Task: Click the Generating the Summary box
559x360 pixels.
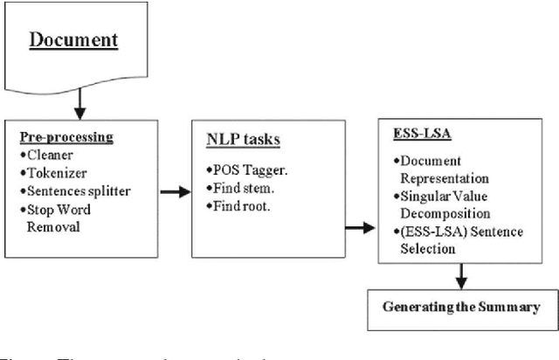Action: [460, 308]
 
